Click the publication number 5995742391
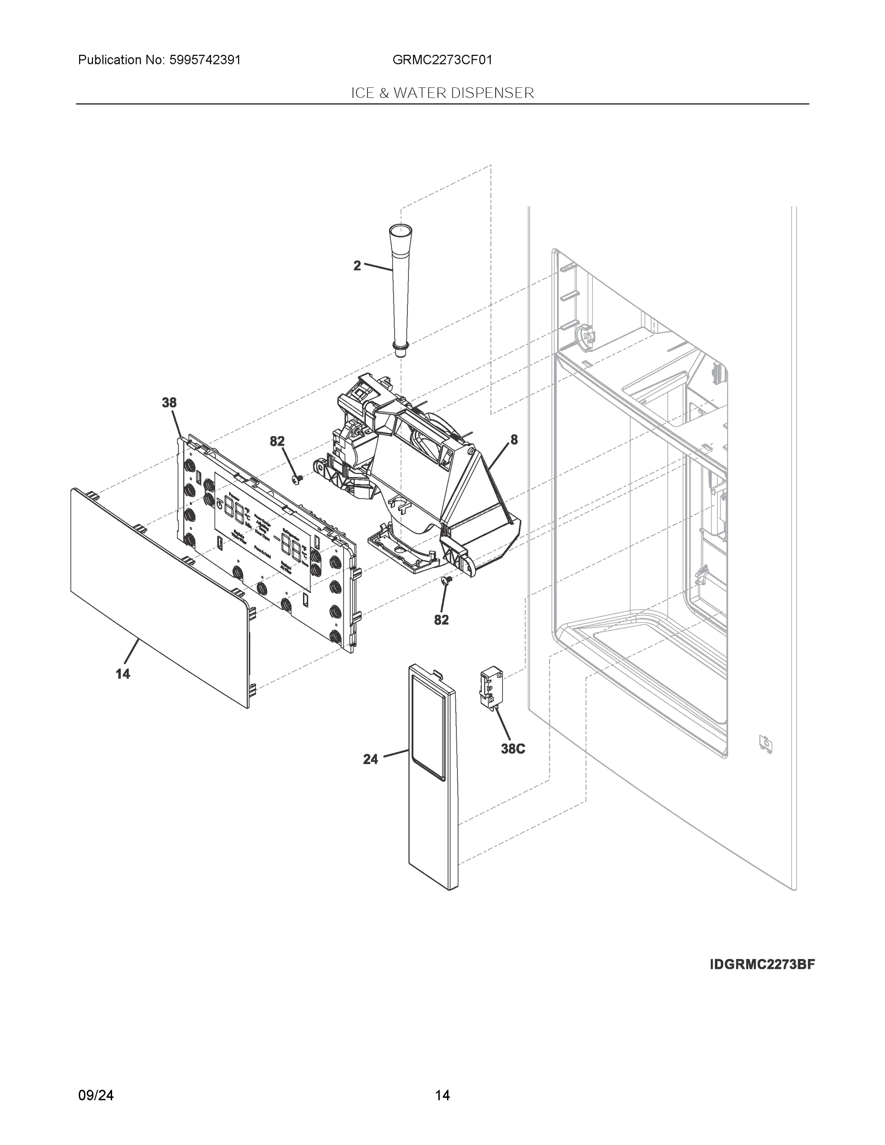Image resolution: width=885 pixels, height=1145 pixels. click(205, 60)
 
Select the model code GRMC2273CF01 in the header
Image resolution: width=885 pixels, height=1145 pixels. click(442, 60)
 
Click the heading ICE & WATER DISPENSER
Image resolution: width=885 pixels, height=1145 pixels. click(442, 93)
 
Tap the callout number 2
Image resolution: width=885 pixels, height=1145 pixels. click(357, 266)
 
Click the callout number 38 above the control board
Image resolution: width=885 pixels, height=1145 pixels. click(169, 403)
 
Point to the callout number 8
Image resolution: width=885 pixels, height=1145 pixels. click(514, 440)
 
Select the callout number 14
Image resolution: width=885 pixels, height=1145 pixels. click(123, 674)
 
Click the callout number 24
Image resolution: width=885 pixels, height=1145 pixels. click(370, 759)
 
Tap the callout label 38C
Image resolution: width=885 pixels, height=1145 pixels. click(512, 749)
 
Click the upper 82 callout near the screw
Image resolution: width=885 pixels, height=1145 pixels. click(277, 441)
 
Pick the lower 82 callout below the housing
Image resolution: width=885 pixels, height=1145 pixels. click(441, 620)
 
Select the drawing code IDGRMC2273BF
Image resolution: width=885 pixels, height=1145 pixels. click(762, 965)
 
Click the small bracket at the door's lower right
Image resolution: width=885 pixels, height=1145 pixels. click(765, 744)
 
